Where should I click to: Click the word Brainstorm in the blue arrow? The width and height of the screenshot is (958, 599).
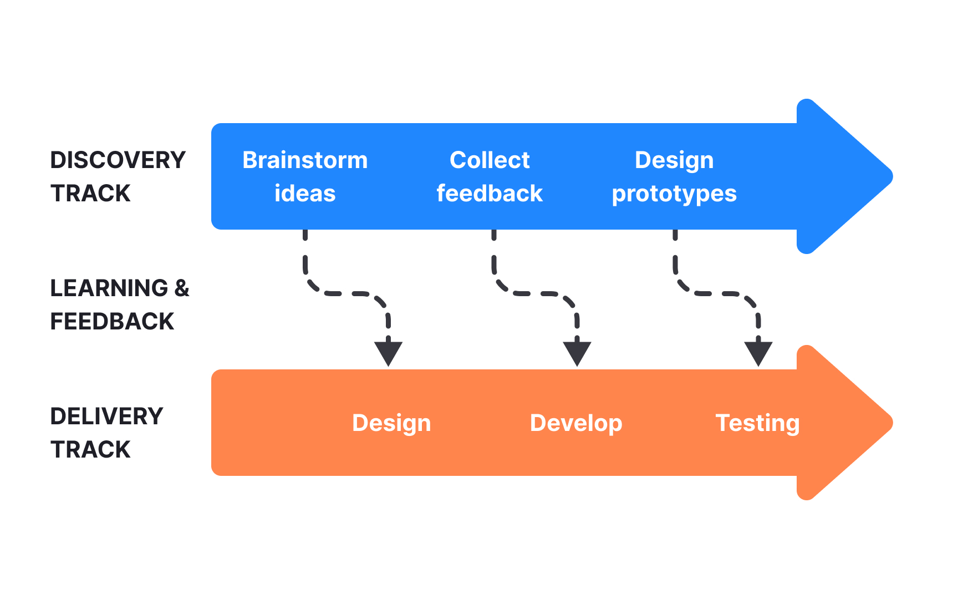coord(305,160)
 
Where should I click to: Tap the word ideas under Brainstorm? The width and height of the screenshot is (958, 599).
coord(305,194)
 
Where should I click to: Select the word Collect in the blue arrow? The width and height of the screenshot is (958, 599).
coord(490,160)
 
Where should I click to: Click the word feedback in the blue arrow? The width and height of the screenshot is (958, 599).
coord(490,194)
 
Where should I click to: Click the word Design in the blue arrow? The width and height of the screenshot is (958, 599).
coord(674,161)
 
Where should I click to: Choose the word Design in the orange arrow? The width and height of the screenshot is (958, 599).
coord(391,423)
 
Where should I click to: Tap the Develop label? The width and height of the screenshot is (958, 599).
coord(576,423)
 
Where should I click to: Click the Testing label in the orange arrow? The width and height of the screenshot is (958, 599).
coord(757,423)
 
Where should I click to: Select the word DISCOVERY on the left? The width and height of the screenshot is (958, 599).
coord(118,160)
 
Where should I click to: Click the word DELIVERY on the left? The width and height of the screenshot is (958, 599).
coord(106,417)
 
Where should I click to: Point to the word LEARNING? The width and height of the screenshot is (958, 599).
coord(109,288)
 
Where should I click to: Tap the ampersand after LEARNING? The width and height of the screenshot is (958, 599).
coord(182,288)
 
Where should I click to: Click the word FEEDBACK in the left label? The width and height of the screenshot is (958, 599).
coord(112,322)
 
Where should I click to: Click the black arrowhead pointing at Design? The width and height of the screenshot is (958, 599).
coord(388,352)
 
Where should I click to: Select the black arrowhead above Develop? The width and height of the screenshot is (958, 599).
coord(577,352)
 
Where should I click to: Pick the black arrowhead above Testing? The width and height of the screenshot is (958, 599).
coord(758,352)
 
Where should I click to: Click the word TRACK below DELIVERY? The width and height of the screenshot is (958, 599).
coord(90,450)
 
